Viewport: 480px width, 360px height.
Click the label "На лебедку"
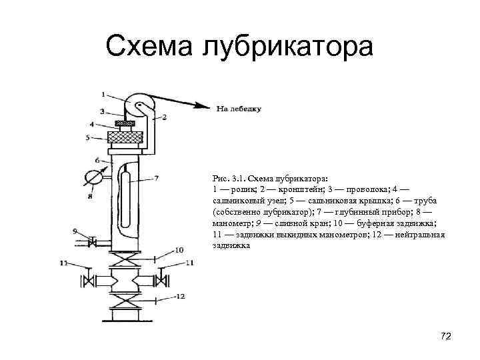pos(238,108)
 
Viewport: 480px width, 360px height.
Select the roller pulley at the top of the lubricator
pos(141,106)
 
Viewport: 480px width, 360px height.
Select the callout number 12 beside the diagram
pos(180,295)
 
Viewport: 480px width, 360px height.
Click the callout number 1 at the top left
pos(103,93)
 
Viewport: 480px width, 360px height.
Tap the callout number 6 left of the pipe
pos(97,159)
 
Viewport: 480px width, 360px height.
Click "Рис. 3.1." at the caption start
pos(230,179)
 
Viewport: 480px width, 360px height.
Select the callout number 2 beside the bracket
pos(164,117)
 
